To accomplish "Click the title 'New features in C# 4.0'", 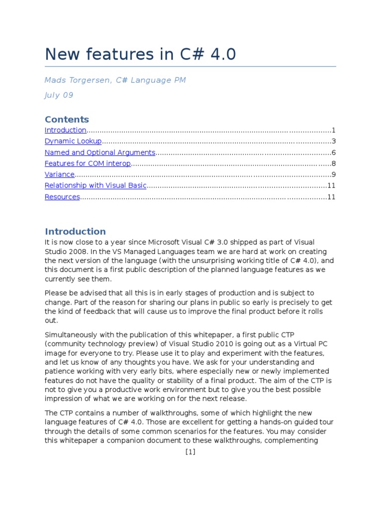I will coord(140,54).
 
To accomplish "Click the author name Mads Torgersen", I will coord(74,80).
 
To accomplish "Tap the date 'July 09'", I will coord(59,95).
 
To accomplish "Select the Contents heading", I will coord(67,120).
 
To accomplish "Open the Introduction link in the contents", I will coord(65,130).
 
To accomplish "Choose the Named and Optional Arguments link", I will coord(100,153).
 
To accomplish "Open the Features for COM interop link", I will coord(87,164).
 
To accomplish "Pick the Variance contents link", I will coord(60,175).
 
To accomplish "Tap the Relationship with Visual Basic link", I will coord(96,186).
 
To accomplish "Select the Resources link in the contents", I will coord(62,197).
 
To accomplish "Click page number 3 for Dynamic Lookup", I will coord(334,141).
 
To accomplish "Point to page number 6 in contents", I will coord(334,153).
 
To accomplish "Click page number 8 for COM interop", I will coord(334,164).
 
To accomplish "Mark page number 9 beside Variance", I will coord(334,175).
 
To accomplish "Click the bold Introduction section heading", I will coord(75,232).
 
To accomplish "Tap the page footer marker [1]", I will coord(190,452).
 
